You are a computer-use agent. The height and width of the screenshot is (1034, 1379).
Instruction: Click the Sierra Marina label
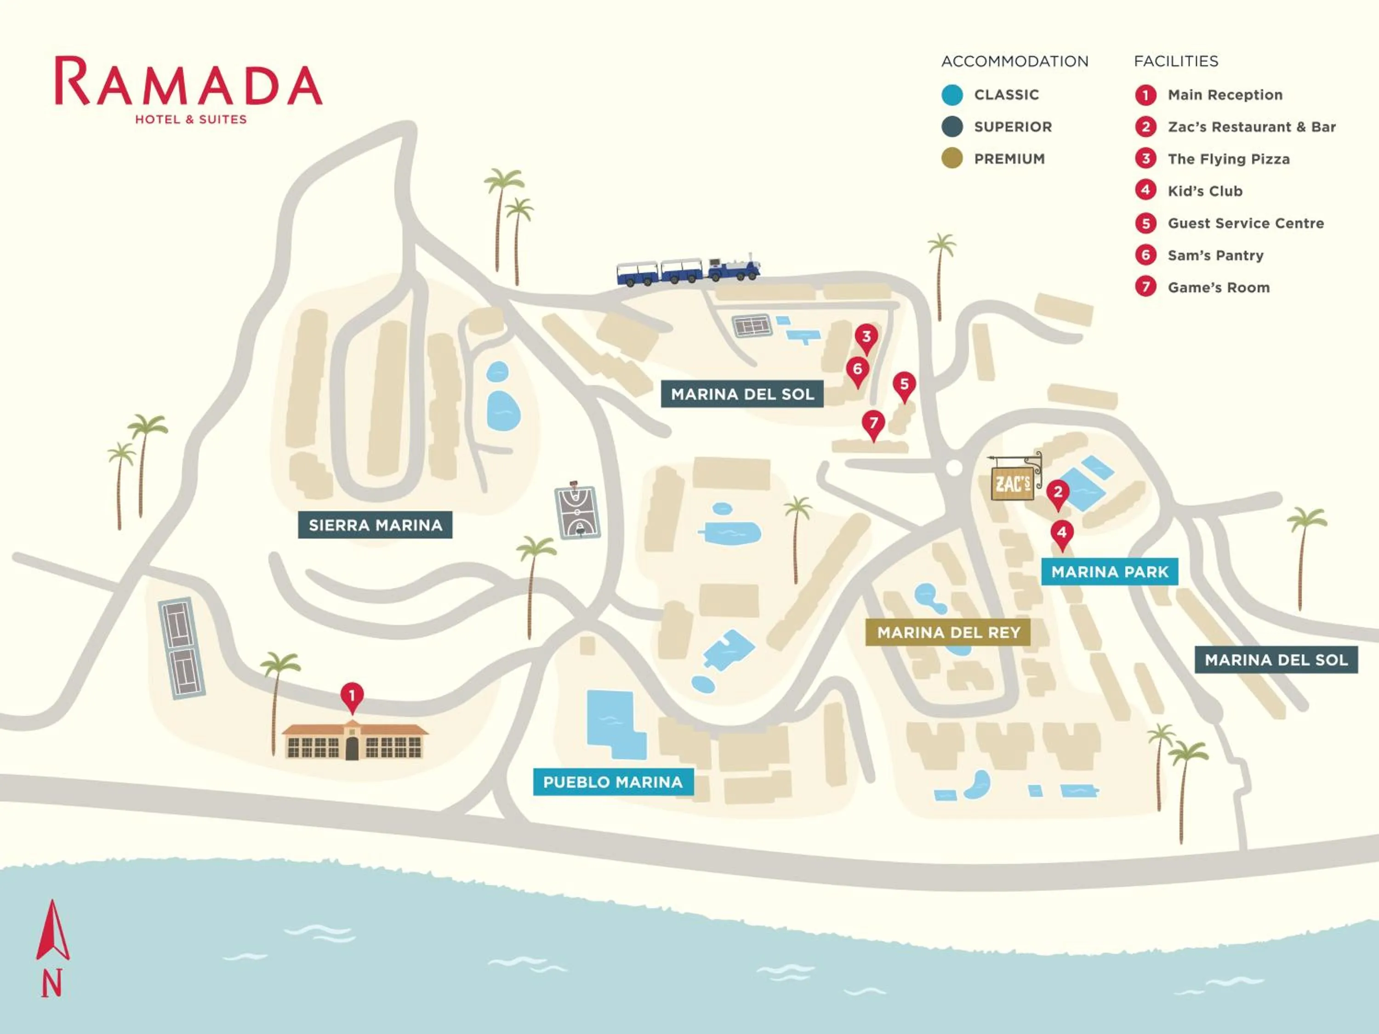[375, 525]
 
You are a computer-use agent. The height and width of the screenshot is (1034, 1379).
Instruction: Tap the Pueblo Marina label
[613, 782]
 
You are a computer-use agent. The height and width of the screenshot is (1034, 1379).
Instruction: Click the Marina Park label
[1109, 572]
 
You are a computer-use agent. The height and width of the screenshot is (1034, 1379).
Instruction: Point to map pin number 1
[352, 696]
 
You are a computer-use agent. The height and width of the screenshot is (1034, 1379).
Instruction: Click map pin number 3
[866, 338]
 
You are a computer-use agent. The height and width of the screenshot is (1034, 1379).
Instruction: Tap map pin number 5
[904, 385]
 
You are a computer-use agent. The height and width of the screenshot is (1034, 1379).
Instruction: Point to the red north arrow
[52, 932]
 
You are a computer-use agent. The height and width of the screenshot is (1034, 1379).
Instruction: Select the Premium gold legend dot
[952, 158]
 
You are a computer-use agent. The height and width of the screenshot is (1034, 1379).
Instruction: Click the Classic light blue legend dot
[952, 95]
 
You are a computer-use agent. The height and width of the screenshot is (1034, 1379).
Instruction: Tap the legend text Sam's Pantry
[1215, 255]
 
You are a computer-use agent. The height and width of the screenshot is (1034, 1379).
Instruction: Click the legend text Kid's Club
[1204, 191]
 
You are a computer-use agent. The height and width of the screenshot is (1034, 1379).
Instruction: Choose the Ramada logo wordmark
[189, 83]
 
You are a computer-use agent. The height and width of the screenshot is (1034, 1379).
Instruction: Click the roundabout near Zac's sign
[954, 467]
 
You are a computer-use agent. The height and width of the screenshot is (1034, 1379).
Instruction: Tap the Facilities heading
[1175, 61]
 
